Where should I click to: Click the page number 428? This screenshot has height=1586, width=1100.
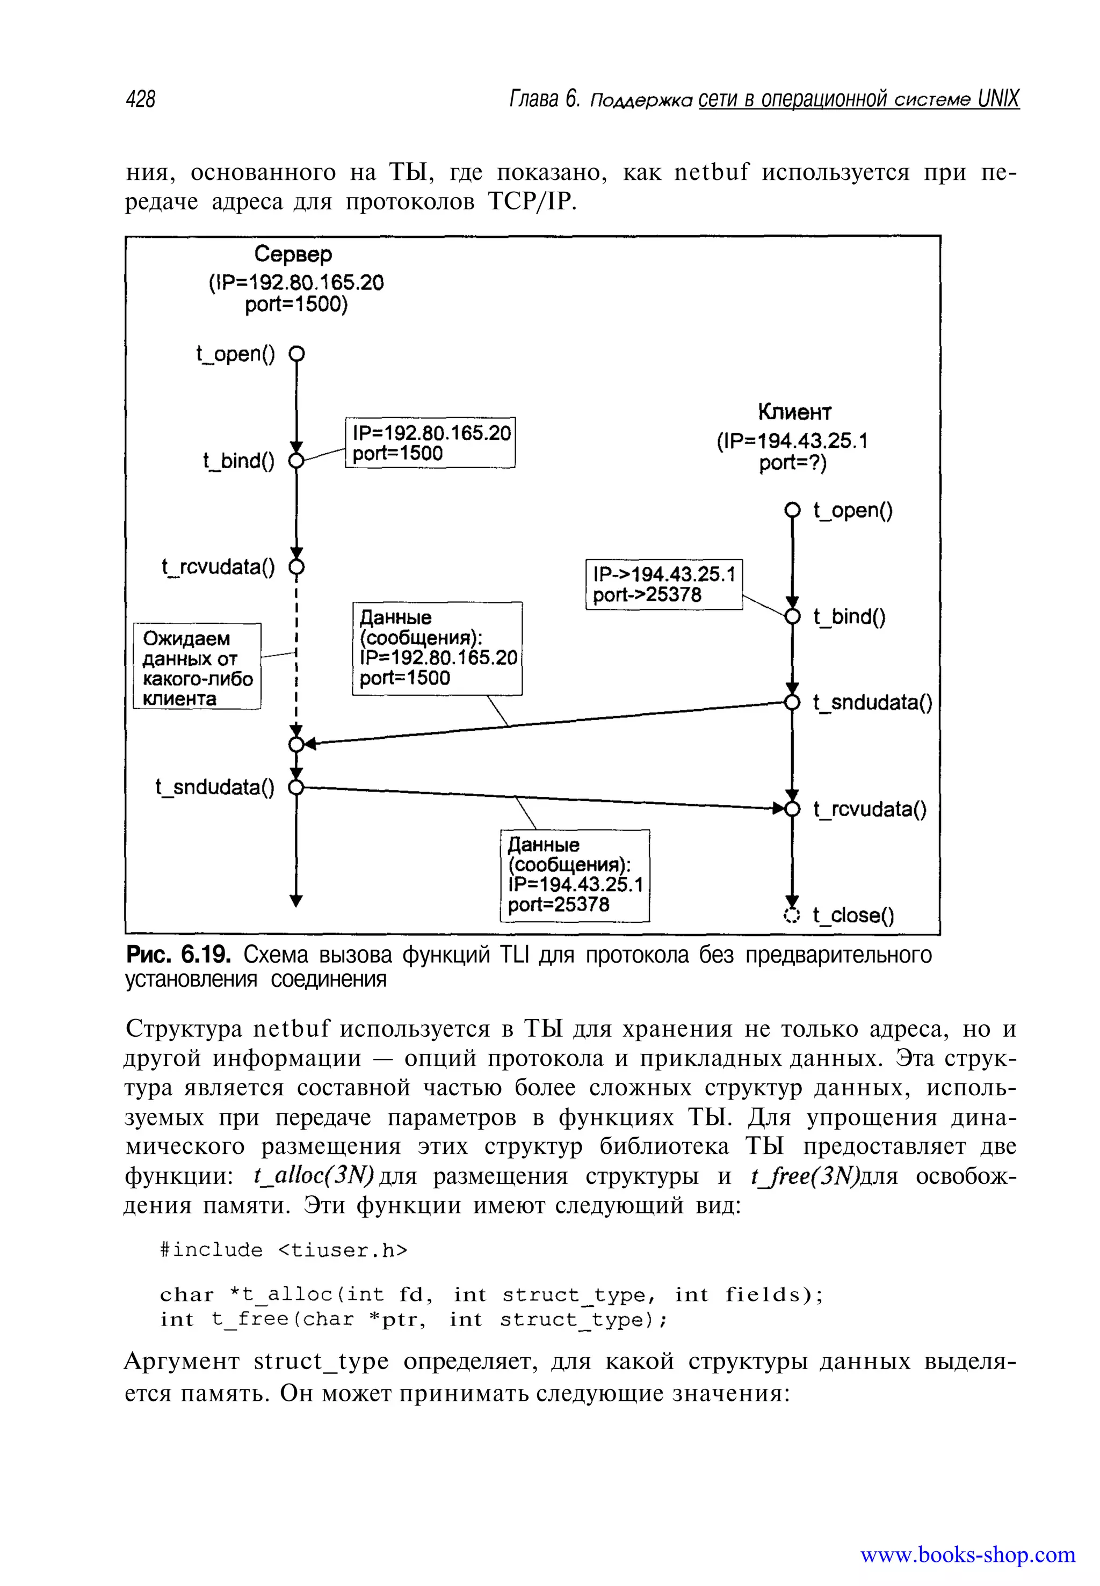[141, 99]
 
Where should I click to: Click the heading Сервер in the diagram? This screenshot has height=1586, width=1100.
[293, 254]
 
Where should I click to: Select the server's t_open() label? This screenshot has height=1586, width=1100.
[235, 354]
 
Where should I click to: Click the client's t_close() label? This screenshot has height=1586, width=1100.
[853, 915]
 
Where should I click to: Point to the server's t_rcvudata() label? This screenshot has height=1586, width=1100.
[218, 567]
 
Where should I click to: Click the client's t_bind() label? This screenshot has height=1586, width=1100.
[849, 616]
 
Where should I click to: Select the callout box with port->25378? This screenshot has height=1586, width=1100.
[664, 584]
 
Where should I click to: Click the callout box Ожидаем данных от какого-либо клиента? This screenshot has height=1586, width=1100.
[197, 667]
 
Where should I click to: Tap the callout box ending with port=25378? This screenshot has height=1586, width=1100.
[574, 875]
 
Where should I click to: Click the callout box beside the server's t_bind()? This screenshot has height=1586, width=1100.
[430, 443]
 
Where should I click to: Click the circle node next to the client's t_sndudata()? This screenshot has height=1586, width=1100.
[793, 702]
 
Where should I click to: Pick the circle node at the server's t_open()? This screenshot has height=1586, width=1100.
[296, 354]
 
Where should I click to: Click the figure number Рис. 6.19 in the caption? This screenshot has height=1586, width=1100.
[178, 955]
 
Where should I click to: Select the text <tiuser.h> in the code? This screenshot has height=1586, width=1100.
[343, 1250]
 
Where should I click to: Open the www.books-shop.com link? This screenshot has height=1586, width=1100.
[967, 1555]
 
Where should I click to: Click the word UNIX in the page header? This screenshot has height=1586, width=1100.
[998, 99]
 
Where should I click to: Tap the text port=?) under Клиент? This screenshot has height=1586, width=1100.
[793, 463]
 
